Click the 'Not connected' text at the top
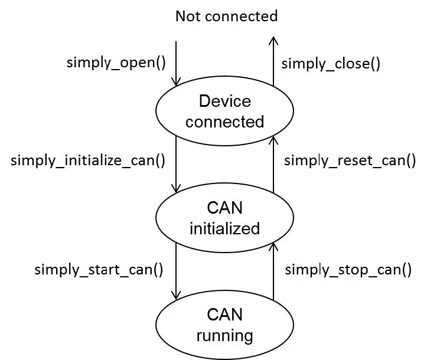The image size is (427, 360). (x=226, y=16)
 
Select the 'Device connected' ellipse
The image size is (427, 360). (x=224, y=111)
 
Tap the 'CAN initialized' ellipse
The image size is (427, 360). (x=224, y=218)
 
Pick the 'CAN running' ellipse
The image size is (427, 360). (x=224, y=325)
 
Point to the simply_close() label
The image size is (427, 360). (x=330, y=64)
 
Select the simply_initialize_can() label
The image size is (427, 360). (x=88, y=160)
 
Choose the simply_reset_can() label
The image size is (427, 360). (x=350, y=161)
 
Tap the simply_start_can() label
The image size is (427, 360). (x=99, y=270)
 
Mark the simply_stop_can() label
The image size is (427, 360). (x=348, y=270)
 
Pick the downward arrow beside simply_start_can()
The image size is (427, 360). (x=176, y=271)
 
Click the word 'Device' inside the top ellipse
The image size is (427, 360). (x=224, y=101)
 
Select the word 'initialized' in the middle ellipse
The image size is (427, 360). (x=224, y=228)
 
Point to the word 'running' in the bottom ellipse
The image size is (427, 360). (x=224, y=336)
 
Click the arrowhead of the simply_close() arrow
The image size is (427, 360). (x=273, y=40)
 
